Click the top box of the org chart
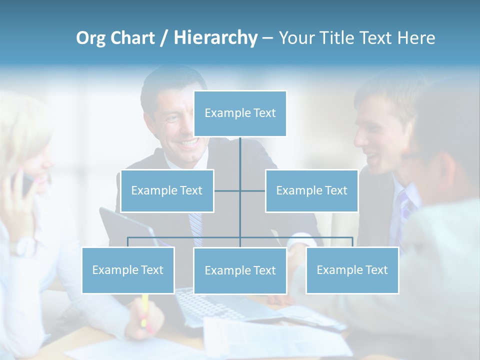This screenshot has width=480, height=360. click(x=240, y=113)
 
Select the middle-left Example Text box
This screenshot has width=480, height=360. click(x=167, y=190)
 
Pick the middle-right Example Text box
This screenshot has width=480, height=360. click(x=311, y=190)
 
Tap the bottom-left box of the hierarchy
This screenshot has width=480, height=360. click(x=128, y=270)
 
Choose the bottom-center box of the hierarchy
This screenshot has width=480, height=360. click(x=240, y=270)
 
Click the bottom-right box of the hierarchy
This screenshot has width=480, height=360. click(x=352, y=270)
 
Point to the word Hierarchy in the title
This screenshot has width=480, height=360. click(x=215, y=38)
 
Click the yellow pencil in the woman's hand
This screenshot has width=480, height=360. click(x=144, y=310)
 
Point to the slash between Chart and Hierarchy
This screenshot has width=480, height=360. click(x=164, y=38)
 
